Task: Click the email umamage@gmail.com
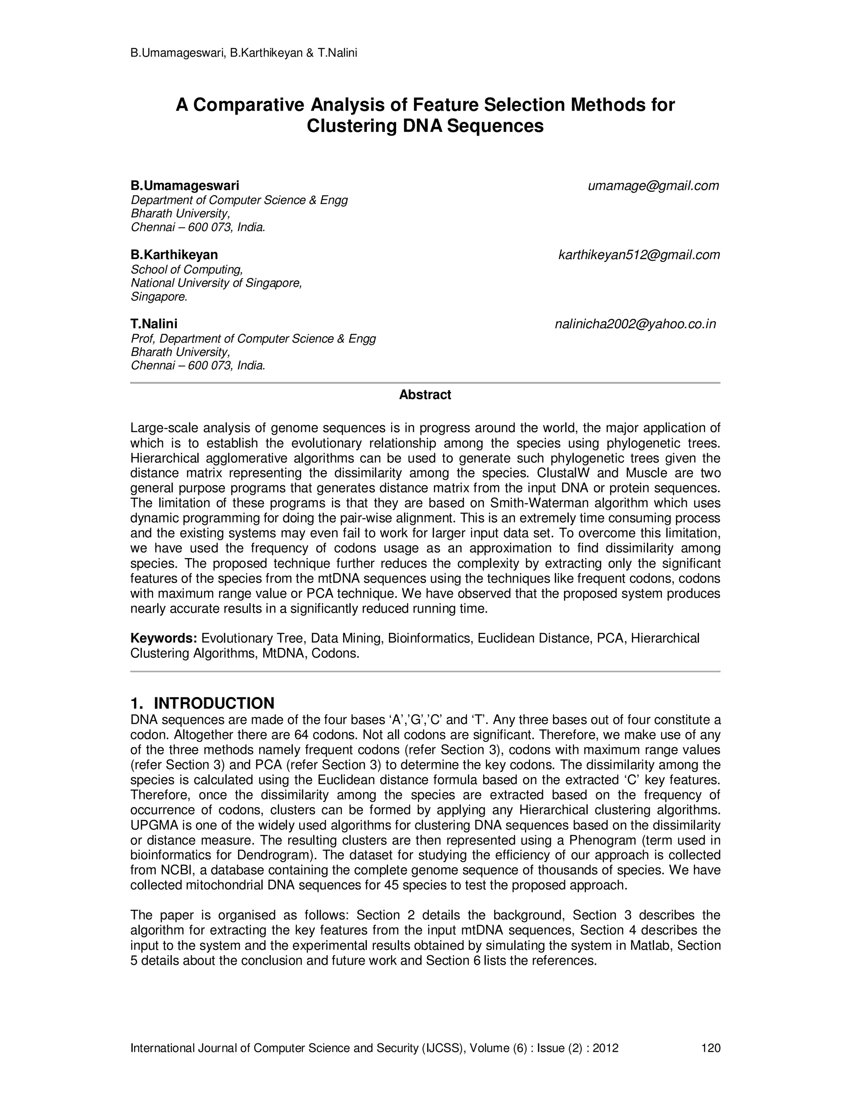coord(653,186)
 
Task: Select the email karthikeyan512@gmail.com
coord(639,255)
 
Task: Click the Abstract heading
coord(425,395)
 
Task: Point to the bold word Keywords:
coord(163,638)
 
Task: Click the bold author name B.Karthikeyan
coord(174,255)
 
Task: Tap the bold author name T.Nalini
coord(154,324)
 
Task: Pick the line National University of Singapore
coord(216,283)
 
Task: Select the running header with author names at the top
coord(244,53)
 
